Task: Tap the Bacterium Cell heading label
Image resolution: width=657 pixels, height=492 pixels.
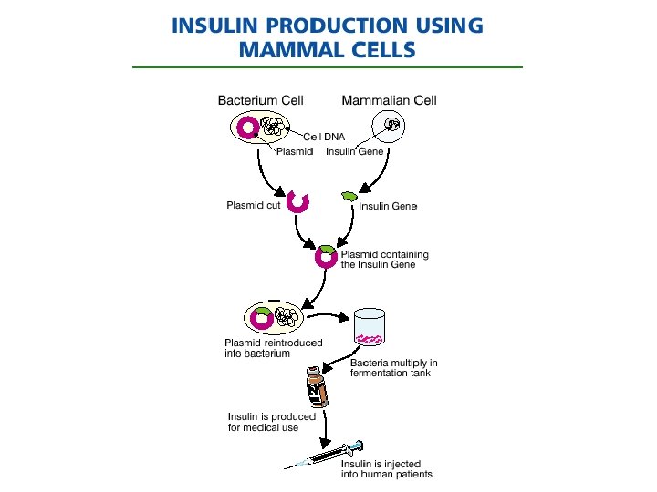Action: (261, 100)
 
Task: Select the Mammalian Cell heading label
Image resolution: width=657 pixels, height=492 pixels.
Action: (390, 100)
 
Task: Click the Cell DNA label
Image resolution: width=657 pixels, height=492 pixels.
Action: (324, 137)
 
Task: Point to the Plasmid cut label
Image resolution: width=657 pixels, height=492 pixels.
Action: (253, 205)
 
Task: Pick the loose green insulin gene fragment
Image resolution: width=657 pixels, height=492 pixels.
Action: (349, 196)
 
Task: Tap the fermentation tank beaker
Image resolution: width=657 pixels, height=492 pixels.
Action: (370, 326)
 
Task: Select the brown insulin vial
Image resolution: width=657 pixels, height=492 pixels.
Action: (317, 387)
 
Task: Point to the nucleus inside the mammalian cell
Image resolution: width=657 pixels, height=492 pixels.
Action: (392, 124)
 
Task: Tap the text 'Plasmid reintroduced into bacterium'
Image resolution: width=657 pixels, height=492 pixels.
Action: (273, 348)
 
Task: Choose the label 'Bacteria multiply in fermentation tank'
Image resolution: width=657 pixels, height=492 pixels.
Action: (394, 368)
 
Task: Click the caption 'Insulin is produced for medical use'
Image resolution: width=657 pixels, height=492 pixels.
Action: (272, 422)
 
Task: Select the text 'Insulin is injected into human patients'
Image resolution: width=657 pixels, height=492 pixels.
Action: (386, 469)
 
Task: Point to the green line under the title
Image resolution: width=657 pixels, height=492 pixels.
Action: (328, 67)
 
